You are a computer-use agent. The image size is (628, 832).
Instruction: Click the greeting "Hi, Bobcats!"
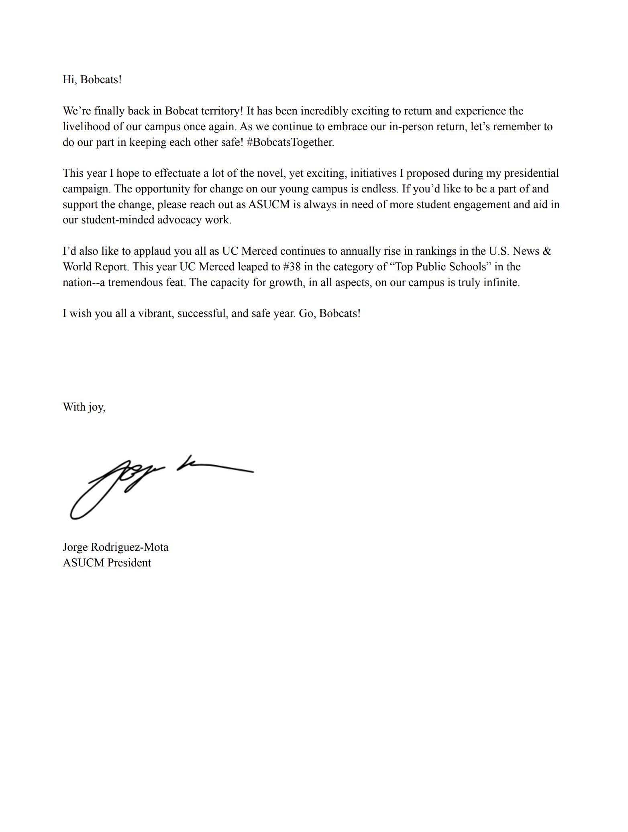(92, 80)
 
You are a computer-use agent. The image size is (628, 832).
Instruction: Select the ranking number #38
(292, 267)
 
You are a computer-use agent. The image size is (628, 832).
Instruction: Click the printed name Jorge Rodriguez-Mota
(116, 547)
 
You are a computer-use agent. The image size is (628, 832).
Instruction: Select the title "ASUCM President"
(107, 563)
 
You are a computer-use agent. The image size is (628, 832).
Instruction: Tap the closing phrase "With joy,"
(84, 407)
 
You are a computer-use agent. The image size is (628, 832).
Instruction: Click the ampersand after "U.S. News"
(546, 251)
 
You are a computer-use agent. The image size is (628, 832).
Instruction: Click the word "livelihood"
(86, 127)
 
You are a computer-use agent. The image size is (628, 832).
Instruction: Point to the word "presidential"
(531, 173)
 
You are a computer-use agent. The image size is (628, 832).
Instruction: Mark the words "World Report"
(95, 267)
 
